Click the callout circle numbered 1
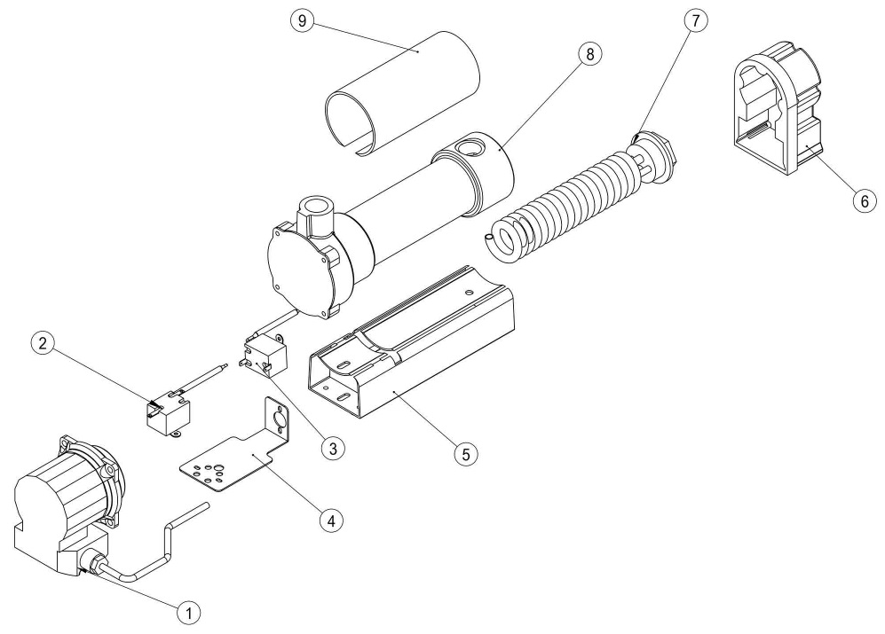[187, 610]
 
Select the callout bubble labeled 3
[331, 449]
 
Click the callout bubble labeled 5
[464, 452]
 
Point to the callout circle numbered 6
[859, 200]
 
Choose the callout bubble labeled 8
[588, 54]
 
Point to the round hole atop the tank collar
[469, 141]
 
